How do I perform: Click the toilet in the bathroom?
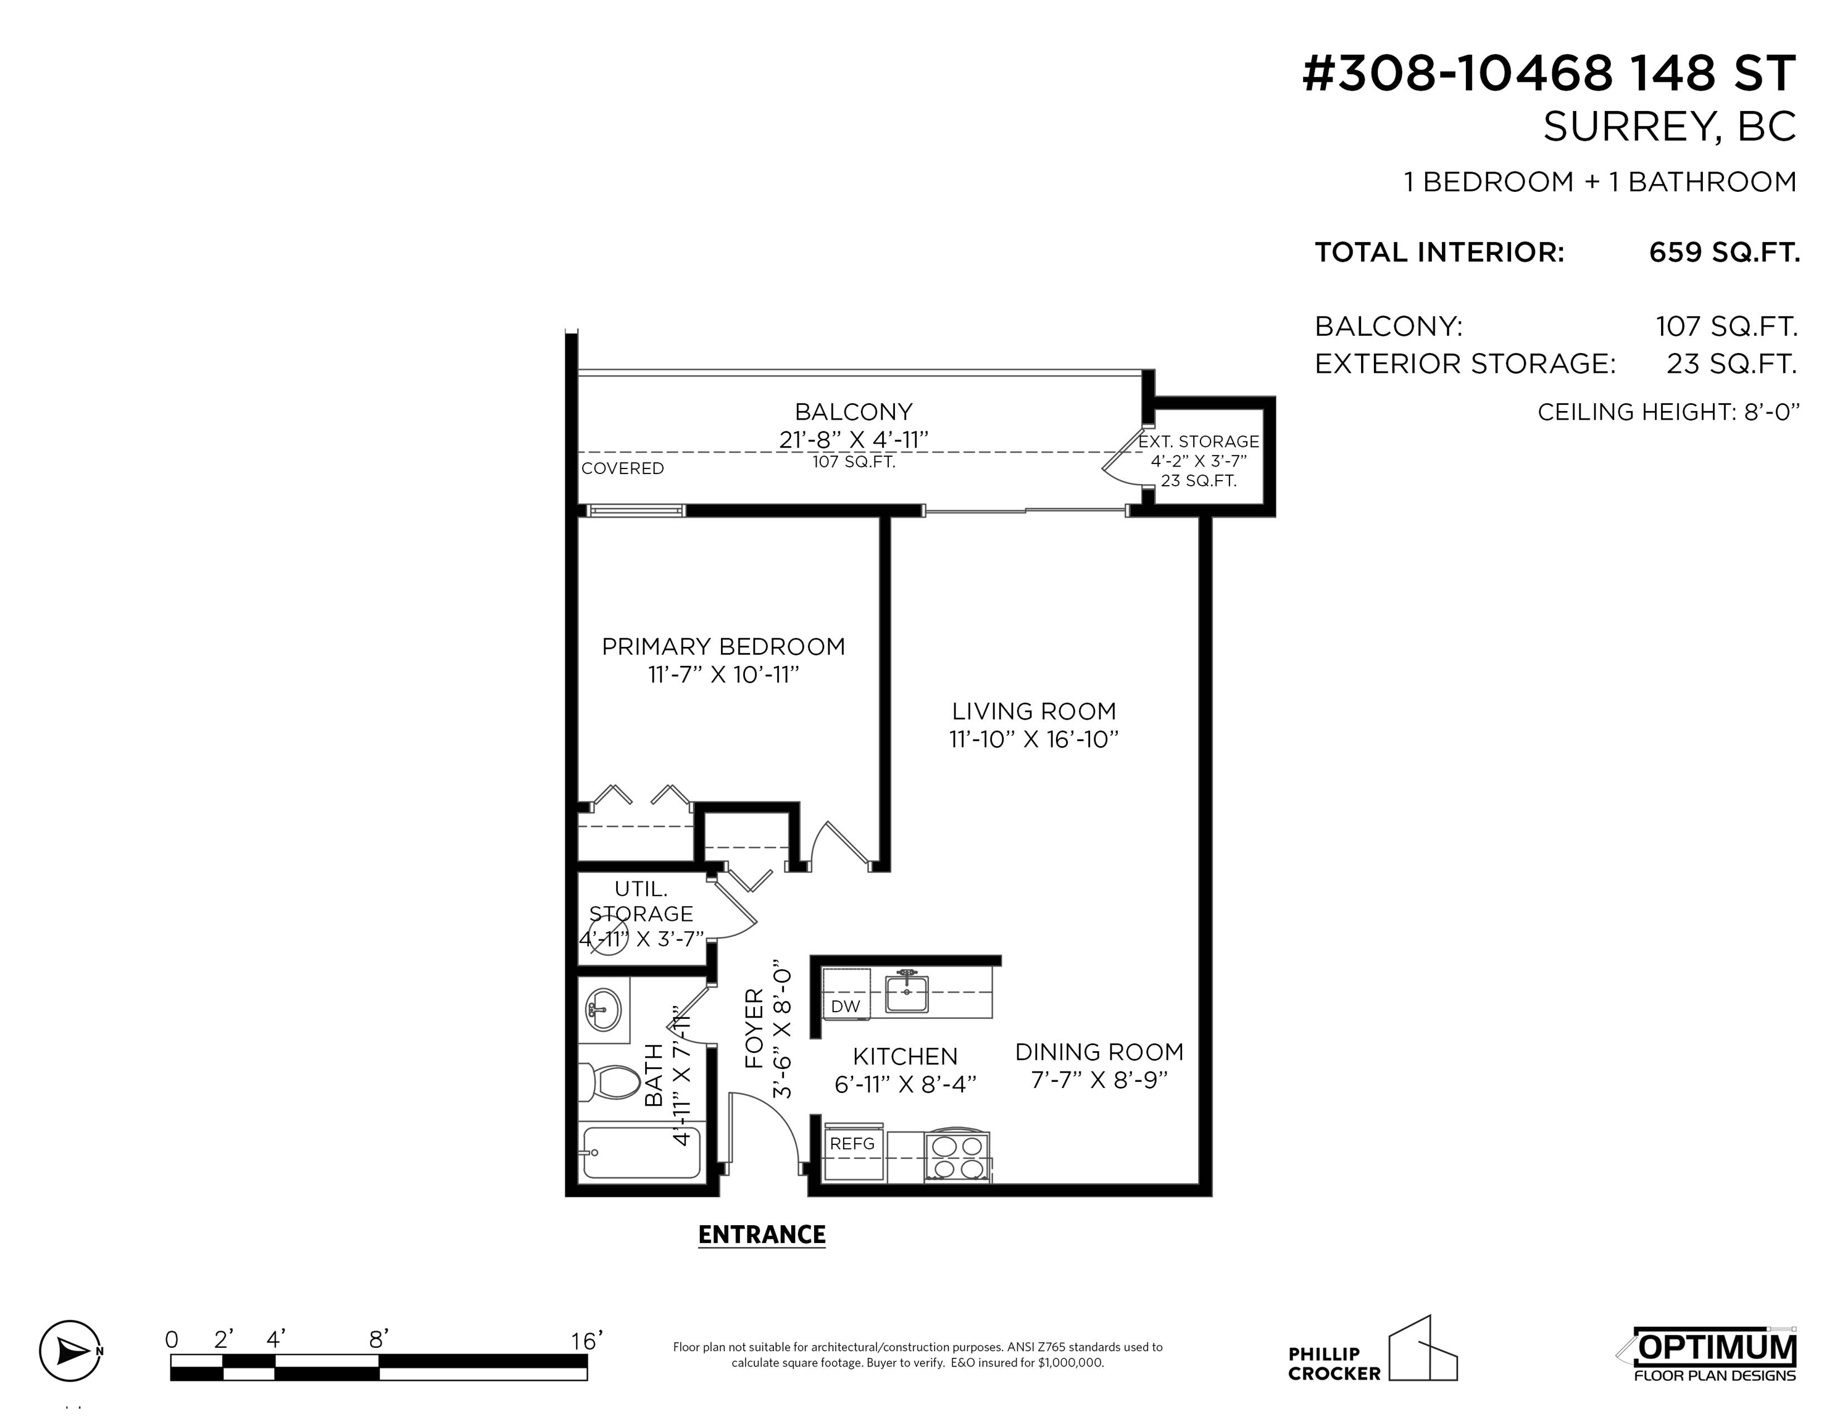coord(610,1082)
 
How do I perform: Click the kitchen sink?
coord(907,993)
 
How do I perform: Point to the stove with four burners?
coord(958,1157)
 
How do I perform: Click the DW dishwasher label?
coord(846,1006)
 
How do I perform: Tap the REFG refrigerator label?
coord(852,1143)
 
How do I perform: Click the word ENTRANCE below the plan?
coord(762,1235)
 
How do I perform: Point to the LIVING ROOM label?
coord(1034,711)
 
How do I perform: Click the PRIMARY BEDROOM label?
coord(723,646)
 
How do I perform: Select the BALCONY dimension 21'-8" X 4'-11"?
coord(854,439)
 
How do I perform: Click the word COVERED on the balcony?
coord(623,468)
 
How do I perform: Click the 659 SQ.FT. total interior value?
coord(1724,252)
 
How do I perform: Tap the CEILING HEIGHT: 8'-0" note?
coord(1668,412)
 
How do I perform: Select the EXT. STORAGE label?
coord(1198,441)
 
